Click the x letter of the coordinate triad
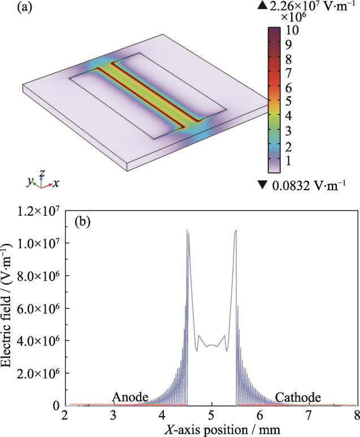57,184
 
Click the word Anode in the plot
130,397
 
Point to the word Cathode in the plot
298,397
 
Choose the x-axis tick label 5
211,416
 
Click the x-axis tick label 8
357,416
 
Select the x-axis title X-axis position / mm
211,430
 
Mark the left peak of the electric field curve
187,230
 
